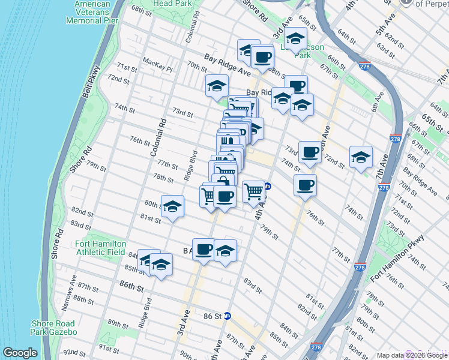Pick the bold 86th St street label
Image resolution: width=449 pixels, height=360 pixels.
tap(132, 285)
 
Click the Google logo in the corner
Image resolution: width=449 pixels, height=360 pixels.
tap(20, 353)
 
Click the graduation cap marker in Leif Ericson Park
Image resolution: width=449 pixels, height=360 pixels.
tap(295, 39)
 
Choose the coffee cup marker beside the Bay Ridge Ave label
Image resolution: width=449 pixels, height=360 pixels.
tap(262, 58)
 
